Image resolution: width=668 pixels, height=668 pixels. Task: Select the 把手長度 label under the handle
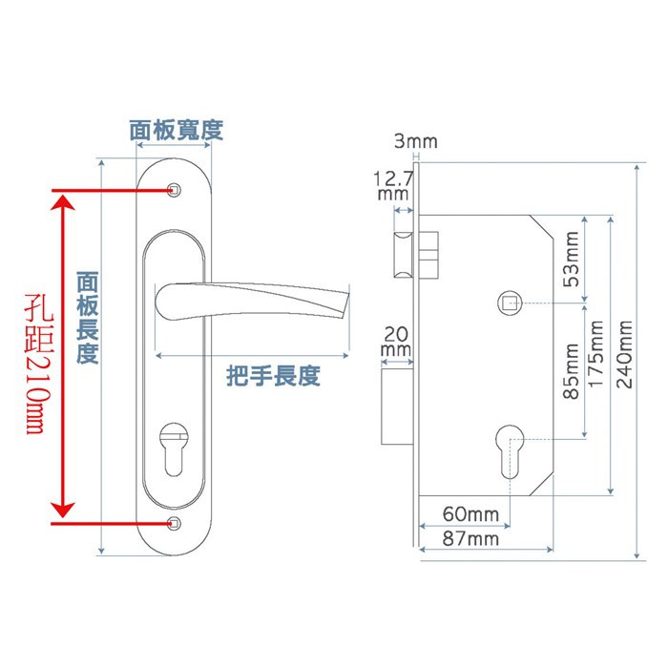point(273,375)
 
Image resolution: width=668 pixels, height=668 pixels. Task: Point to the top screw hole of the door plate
point(174,190)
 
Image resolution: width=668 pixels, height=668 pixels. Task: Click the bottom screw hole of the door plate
point(174,523)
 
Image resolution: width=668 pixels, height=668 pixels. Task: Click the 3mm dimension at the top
point(415,142)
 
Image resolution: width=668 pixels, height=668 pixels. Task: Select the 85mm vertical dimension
point(572,371)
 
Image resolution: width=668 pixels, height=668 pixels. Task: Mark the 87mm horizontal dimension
point(470,539)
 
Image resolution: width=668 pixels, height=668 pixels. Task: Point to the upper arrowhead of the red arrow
point(63,202)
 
